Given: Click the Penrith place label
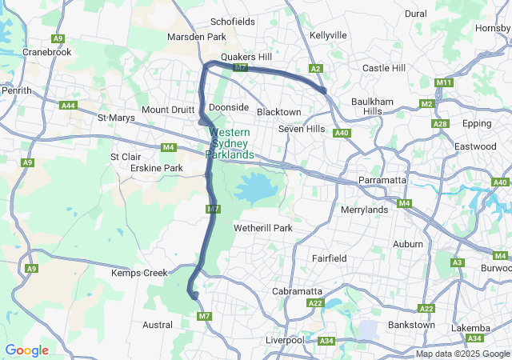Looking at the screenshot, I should point(17,90).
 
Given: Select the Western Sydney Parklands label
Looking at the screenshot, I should point(231,143).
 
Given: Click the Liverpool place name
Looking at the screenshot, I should point(285,340).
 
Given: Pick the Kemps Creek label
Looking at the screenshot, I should point(139,273).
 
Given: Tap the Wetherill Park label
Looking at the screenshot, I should point(262,228).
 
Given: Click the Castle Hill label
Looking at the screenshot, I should point(384,69).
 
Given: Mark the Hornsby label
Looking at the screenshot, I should point(493,28).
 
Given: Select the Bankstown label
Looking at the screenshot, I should point(411,325).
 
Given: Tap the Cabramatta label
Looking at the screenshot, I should point(298,290).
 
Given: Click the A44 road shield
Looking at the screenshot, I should point(69,106).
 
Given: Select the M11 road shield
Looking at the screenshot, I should point(445,83).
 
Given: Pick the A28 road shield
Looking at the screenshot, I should point(440,124).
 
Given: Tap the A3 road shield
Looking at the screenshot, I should point(458,262).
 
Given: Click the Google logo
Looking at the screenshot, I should point(26,350).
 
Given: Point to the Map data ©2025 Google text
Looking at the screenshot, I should point(462,354).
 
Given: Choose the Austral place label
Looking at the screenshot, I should point(157,325).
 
